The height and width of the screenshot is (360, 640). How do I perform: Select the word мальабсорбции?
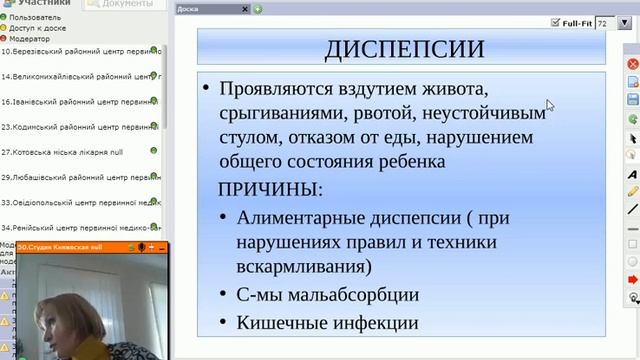(x=348, y=295)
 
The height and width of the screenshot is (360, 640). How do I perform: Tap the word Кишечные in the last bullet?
(x=274, y=322)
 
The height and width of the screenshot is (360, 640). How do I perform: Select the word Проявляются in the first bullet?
(x=268, y=87)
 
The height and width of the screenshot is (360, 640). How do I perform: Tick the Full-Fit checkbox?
(x=557, y=21)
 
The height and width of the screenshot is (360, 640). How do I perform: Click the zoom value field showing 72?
(x=603, y=21)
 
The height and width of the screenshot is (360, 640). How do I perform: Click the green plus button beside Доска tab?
(x=257, y=9)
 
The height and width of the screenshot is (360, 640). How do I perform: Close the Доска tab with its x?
(x=244, y=9)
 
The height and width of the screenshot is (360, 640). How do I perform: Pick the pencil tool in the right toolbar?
(x=632, y=191)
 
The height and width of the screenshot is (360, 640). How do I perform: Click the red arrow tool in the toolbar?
(x=632, y=279)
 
